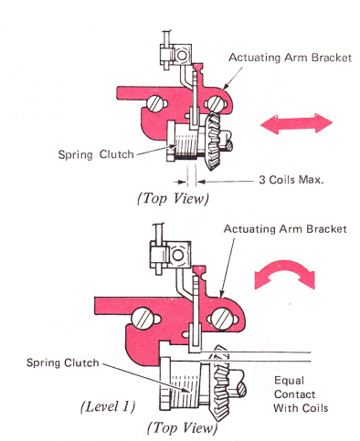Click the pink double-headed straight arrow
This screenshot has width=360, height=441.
[x=296, y=123]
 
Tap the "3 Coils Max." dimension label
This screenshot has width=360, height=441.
[x=291, y=180]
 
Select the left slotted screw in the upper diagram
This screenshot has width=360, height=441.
[x=154, y=104]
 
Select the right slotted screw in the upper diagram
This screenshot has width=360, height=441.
[x=216, y=103]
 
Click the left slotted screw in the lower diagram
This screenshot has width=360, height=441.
[x=143, y=319]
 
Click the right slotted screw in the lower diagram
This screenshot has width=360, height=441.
[x=222, y=319]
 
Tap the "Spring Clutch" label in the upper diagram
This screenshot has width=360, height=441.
[x=96, y=154]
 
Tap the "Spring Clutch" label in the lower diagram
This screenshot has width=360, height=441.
[x=63, y=362]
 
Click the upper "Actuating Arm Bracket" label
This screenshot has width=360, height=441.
[x=291, y=58]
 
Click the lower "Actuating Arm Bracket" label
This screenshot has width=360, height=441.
[x=285, y=229]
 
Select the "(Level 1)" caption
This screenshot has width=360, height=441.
[x=108, y=406]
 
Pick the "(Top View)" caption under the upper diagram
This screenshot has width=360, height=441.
[x=174, y=198]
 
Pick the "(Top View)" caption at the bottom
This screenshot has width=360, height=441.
[x=183, y=427]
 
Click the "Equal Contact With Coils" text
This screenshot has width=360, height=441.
[x=301, y=394]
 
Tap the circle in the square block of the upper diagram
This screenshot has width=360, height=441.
[x=182, y=55]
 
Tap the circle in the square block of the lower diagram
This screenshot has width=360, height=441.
[x=178, y=255]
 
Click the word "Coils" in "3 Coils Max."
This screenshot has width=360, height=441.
[x=282, y=180]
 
